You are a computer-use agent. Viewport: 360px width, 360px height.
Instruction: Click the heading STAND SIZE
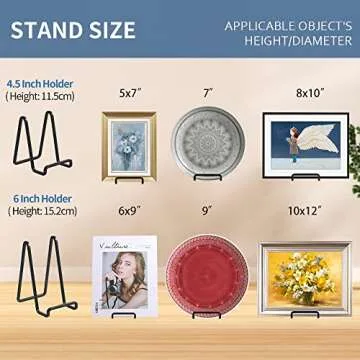pyautogui.click(x=73, y=31)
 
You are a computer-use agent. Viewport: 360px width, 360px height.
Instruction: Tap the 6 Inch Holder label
pyautogui.click(x=37, y=196)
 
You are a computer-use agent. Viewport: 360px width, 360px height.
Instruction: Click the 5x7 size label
pyautogui.click(x=128, y=95)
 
